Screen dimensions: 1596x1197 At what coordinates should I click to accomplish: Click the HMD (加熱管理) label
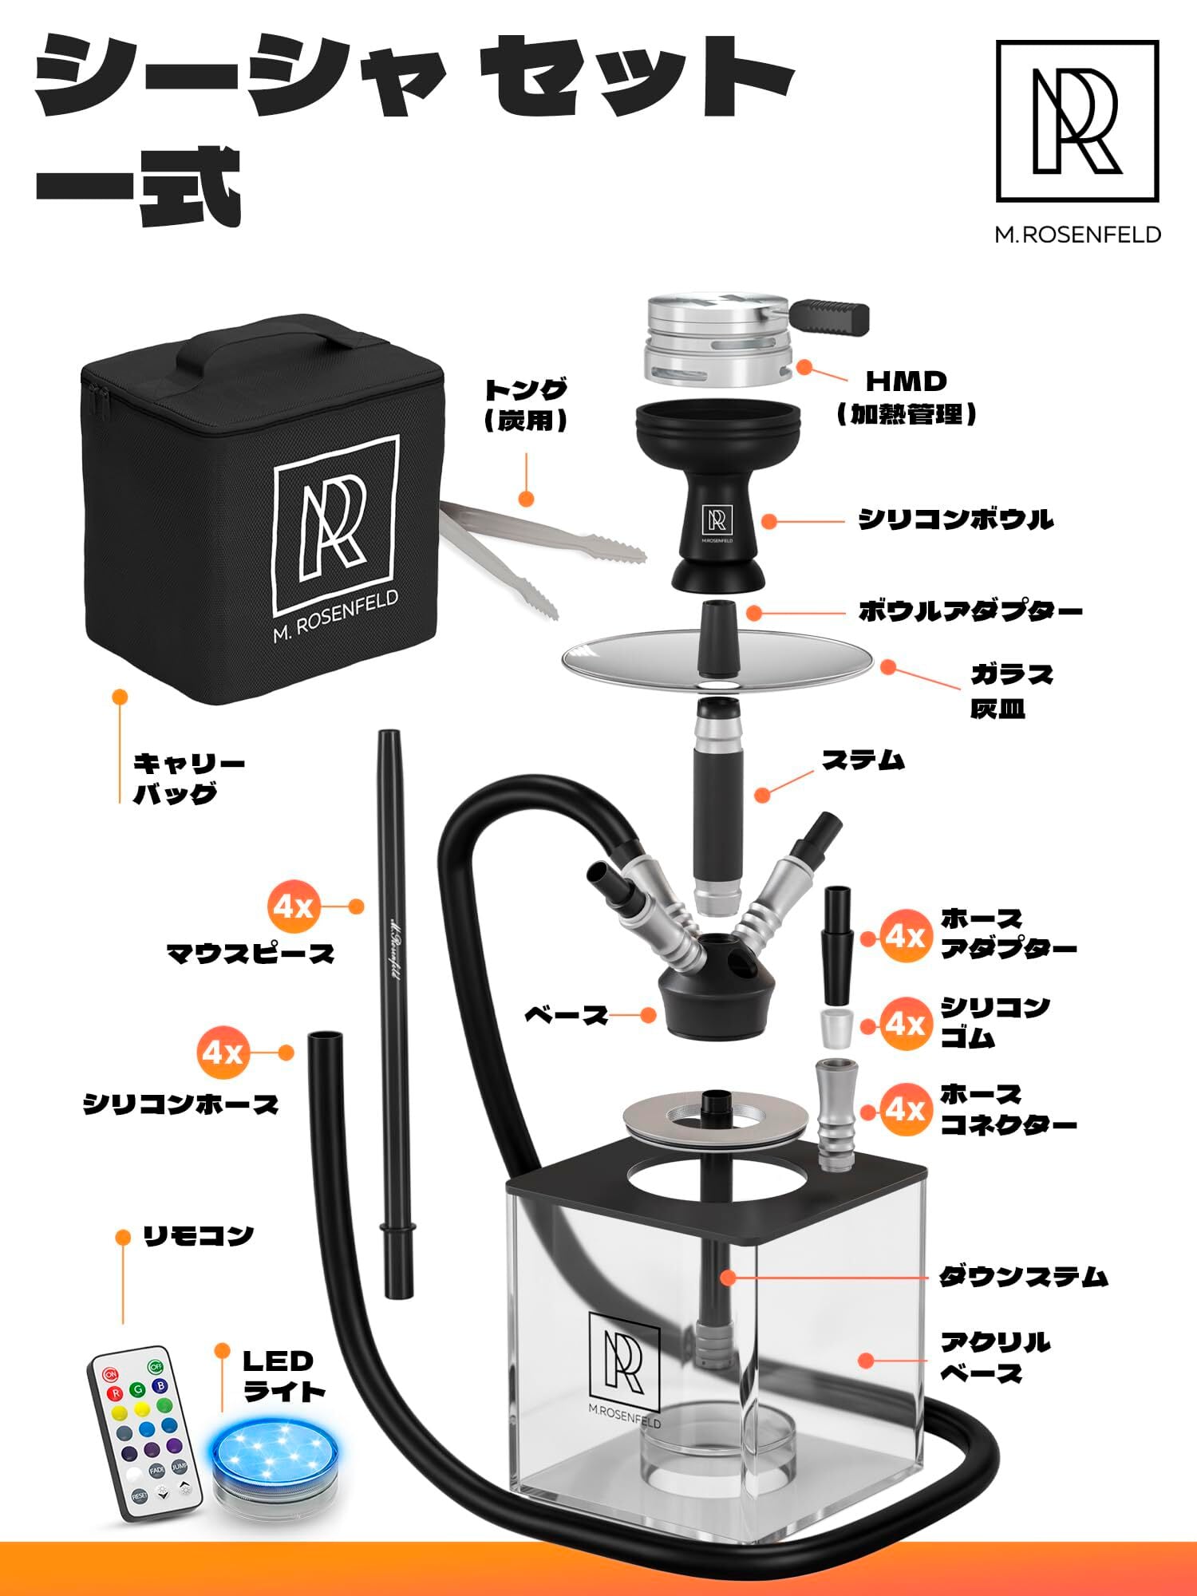(x=907, y=397)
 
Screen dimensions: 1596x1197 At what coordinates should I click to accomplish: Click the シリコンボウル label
(x=955, y=520)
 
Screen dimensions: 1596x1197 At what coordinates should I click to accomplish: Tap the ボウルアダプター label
(x=970, y=612)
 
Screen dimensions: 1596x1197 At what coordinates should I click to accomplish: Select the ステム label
(x=863, y=760)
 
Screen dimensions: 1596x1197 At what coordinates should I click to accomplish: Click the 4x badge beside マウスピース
(x=294, y=907)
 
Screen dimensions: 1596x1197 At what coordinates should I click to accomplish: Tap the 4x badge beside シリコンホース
(x=223, y=1053)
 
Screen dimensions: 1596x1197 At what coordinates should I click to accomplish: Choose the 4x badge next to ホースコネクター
(x=906, y=1109)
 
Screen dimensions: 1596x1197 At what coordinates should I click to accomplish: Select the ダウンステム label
(x=1023, y=1277)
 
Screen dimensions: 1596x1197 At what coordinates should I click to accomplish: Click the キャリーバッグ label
(x=188, y=778)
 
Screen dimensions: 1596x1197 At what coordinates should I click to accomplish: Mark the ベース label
(x=566, y=1016)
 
